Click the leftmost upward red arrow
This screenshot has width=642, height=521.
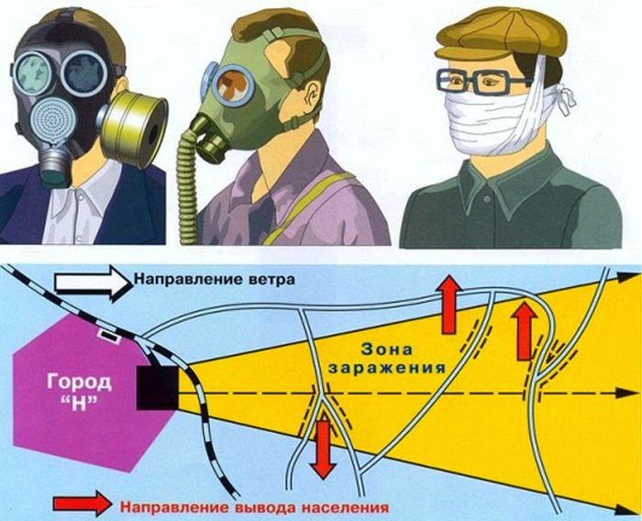tap(449, 303)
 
